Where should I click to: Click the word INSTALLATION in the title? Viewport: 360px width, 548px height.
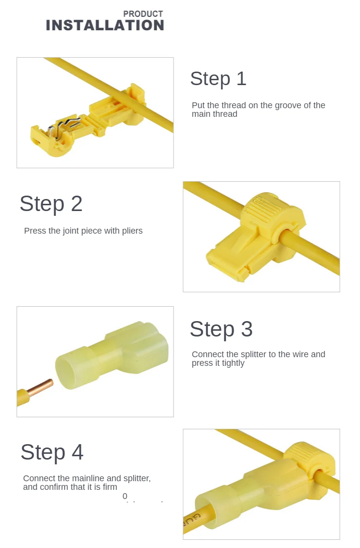click(x=105, y=25)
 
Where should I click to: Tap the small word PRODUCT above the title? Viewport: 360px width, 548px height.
click(x=143, y=14)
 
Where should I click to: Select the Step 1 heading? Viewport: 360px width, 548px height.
click(x=218, y=78)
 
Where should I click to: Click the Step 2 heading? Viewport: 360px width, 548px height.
click(x=51, y=203)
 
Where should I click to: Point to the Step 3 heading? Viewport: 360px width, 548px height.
click(x=221, y=329)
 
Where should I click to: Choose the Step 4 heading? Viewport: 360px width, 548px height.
click(x=52, y=452)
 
